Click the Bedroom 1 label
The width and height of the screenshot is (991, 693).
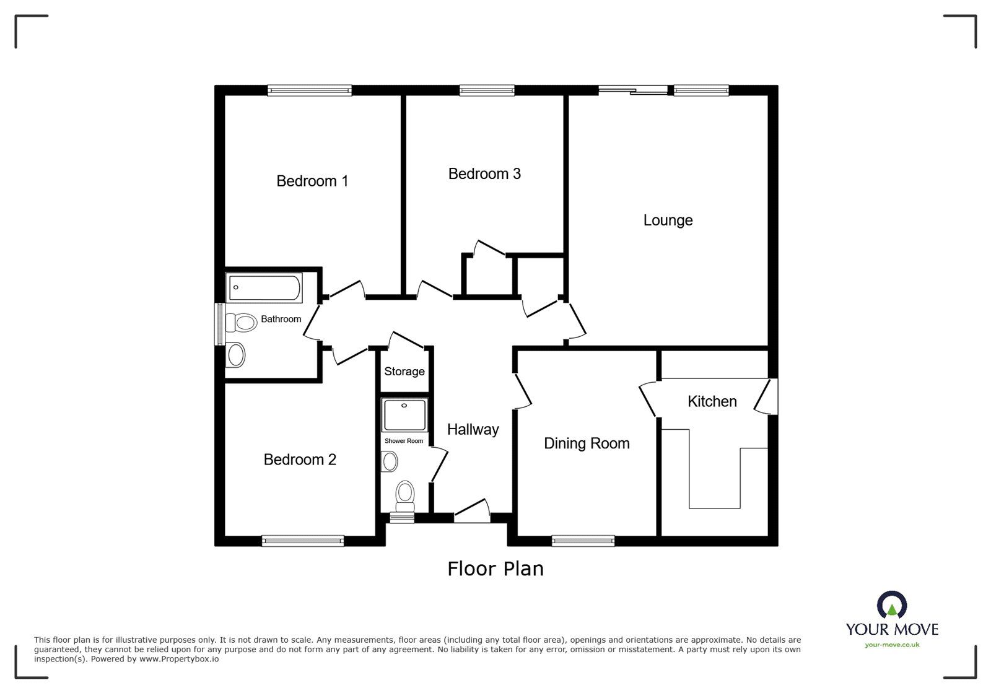[x=312, y=181]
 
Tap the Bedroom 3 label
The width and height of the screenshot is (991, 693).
[x=484, y=174]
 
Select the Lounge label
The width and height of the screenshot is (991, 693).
[x=668, y=220]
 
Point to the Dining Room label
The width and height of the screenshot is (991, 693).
[x=587, y=443]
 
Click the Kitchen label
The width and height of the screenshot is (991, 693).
[x=712, y=401]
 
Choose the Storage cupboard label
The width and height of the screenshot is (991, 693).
[x=404, y=372]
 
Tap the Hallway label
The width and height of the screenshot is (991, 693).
[x=473, y=429]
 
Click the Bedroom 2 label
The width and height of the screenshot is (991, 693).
[x=300, y=460]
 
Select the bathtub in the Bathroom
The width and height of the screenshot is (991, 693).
[x=264, y=287]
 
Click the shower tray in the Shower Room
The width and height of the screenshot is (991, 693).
[x=404, y=415]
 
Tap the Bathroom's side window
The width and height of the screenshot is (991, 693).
[x=219, y=324]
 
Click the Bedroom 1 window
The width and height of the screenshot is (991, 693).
[x=310, y=90]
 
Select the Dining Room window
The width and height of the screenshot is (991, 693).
[x=583, y=541]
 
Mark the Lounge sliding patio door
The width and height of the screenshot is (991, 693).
[x=633, y=90]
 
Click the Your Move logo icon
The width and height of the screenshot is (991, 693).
[x=892, y=605]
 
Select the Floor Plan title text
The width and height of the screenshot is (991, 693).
[x=495, y=569]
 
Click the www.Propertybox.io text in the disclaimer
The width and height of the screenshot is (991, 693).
[x=179, y=660]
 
